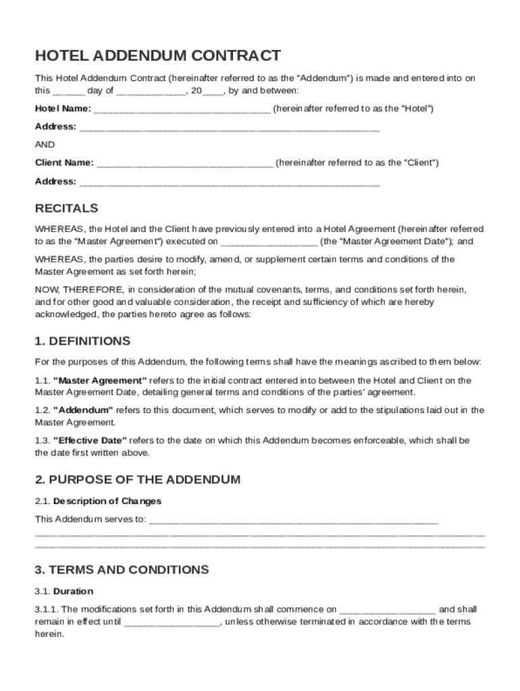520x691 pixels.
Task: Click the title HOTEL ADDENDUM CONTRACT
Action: tap(157, 56)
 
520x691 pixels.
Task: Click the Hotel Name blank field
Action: tap(183, 109)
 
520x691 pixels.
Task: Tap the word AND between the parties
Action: tap(45, 145)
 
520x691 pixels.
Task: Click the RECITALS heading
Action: tap(66, 209)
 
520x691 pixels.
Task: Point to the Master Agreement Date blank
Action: tap(269, 242)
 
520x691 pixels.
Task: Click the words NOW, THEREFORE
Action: tap(69, 289)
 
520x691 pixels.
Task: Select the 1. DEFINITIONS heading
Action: tap(82, 341)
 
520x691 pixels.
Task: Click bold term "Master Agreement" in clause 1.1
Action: tap(100, 381)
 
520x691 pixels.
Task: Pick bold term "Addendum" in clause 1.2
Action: tap(83, 410)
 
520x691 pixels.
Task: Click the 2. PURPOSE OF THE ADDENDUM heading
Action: tap(137, 480)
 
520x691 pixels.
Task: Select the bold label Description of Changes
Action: tap(107, 501)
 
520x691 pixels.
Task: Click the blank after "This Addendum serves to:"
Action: tap(293, 521)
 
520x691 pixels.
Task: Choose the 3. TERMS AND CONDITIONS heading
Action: tap(122, 570)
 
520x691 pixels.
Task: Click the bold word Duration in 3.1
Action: tap(73, 592)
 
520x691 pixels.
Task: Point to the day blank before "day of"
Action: tap(68, 91)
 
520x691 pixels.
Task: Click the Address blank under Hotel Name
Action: tap(230, 128)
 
